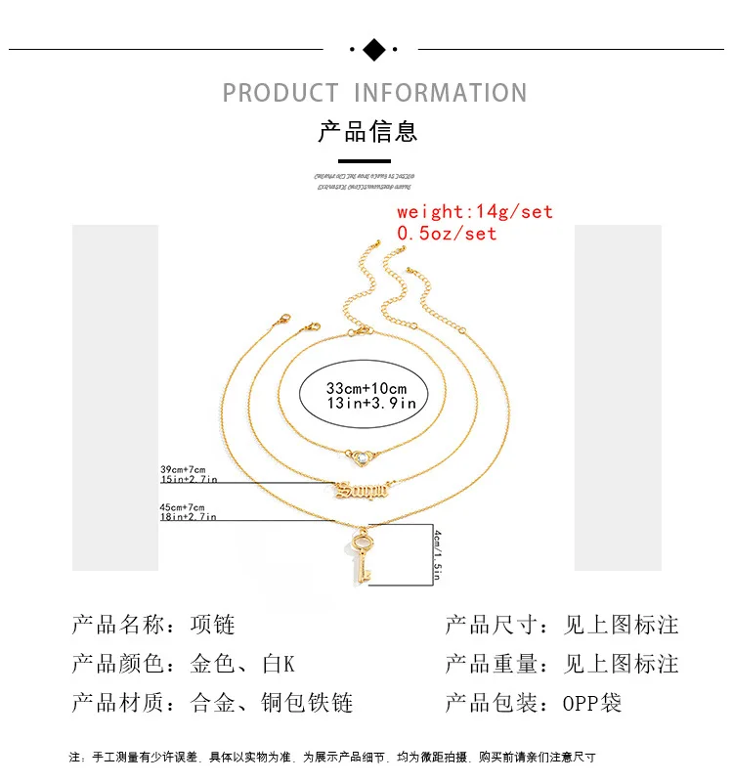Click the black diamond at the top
[373, 48]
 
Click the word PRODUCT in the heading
[280, 94]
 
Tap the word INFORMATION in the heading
[440, 94]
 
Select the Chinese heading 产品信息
[367, 131]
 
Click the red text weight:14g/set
[474, 211]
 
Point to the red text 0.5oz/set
[447, 234]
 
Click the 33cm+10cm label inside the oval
[366, 388]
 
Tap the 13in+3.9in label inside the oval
[371, 403]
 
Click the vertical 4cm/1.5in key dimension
[439, 554]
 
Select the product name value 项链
[212, 625]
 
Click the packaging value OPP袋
[592, 703]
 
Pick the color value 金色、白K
[241, 664]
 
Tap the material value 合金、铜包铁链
[271, 703]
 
